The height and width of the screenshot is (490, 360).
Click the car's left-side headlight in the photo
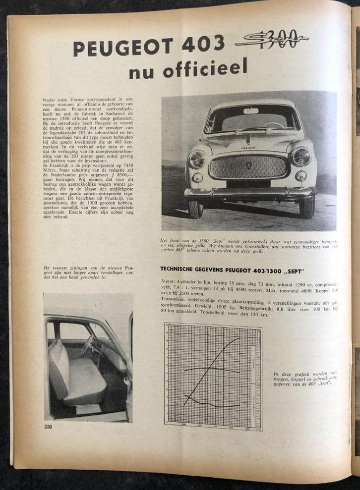coord(197,159)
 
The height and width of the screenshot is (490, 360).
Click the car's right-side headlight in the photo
coord(301,157)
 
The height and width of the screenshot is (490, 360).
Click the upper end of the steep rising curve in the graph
coord(239,338)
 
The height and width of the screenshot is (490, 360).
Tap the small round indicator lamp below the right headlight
coord(301,176)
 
